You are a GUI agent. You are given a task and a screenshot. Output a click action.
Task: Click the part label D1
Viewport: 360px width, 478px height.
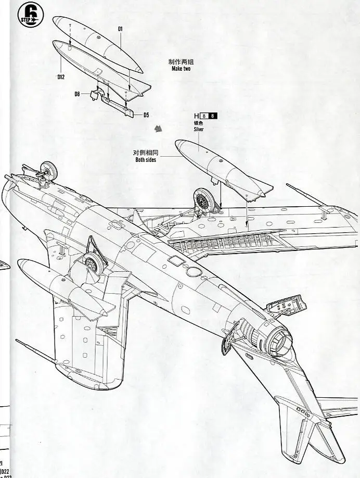(120, 29)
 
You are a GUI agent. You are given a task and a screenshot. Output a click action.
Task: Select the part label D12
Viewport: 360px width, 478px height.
(61, 77)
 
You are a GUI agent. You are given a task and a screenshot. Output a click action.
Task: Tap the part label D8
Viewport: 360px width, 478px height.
(77, 94)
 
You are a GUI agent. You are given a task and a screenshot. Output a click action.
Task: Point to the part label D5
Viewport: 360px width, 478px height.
(146, 115)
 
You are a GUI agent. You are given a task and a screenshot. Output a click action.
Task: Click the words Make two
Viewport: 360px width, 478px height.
(181, 68)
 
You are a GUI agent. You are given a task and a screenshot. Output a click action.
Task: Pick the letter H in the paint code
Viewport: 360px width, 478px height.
(196, 116)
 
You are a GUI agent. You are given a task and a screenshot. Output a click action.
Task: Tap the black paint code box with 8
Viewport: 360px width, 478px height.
(213, 116)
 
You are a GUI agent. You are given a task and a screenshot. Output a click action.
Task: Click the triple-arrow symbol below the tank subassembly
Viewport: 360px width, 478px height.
(159, 128)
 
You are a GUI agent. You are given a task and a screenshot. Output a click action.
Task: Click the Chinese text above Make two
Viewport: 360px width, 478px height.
(181, 61)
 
